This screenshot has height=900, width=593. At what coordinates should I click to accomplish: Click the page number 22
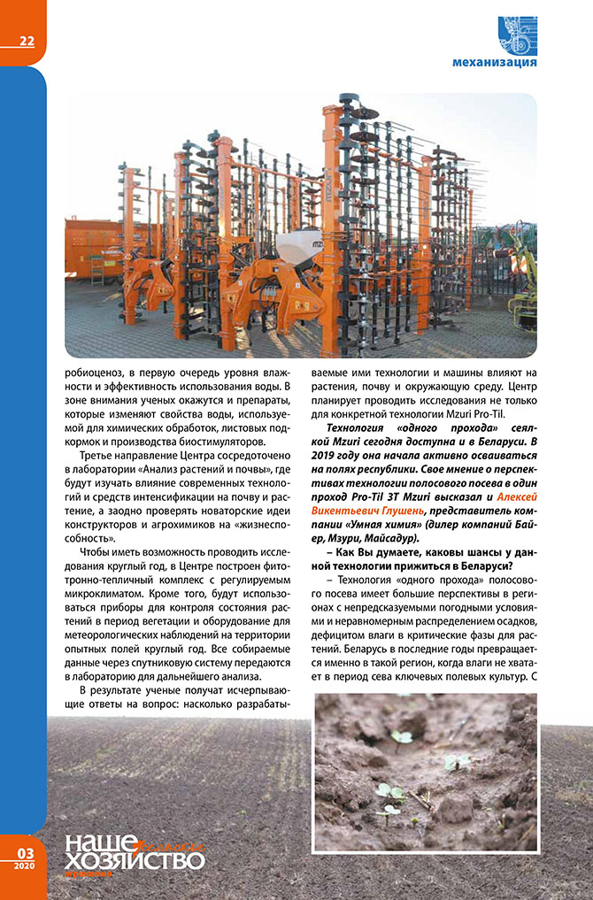coord(27,41)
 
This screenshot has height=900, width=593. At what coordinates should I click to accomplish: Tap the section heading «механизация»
coord(494,62)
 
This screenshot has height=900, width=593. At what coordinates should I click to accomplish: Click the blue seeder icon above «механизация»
coord(517,34)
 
